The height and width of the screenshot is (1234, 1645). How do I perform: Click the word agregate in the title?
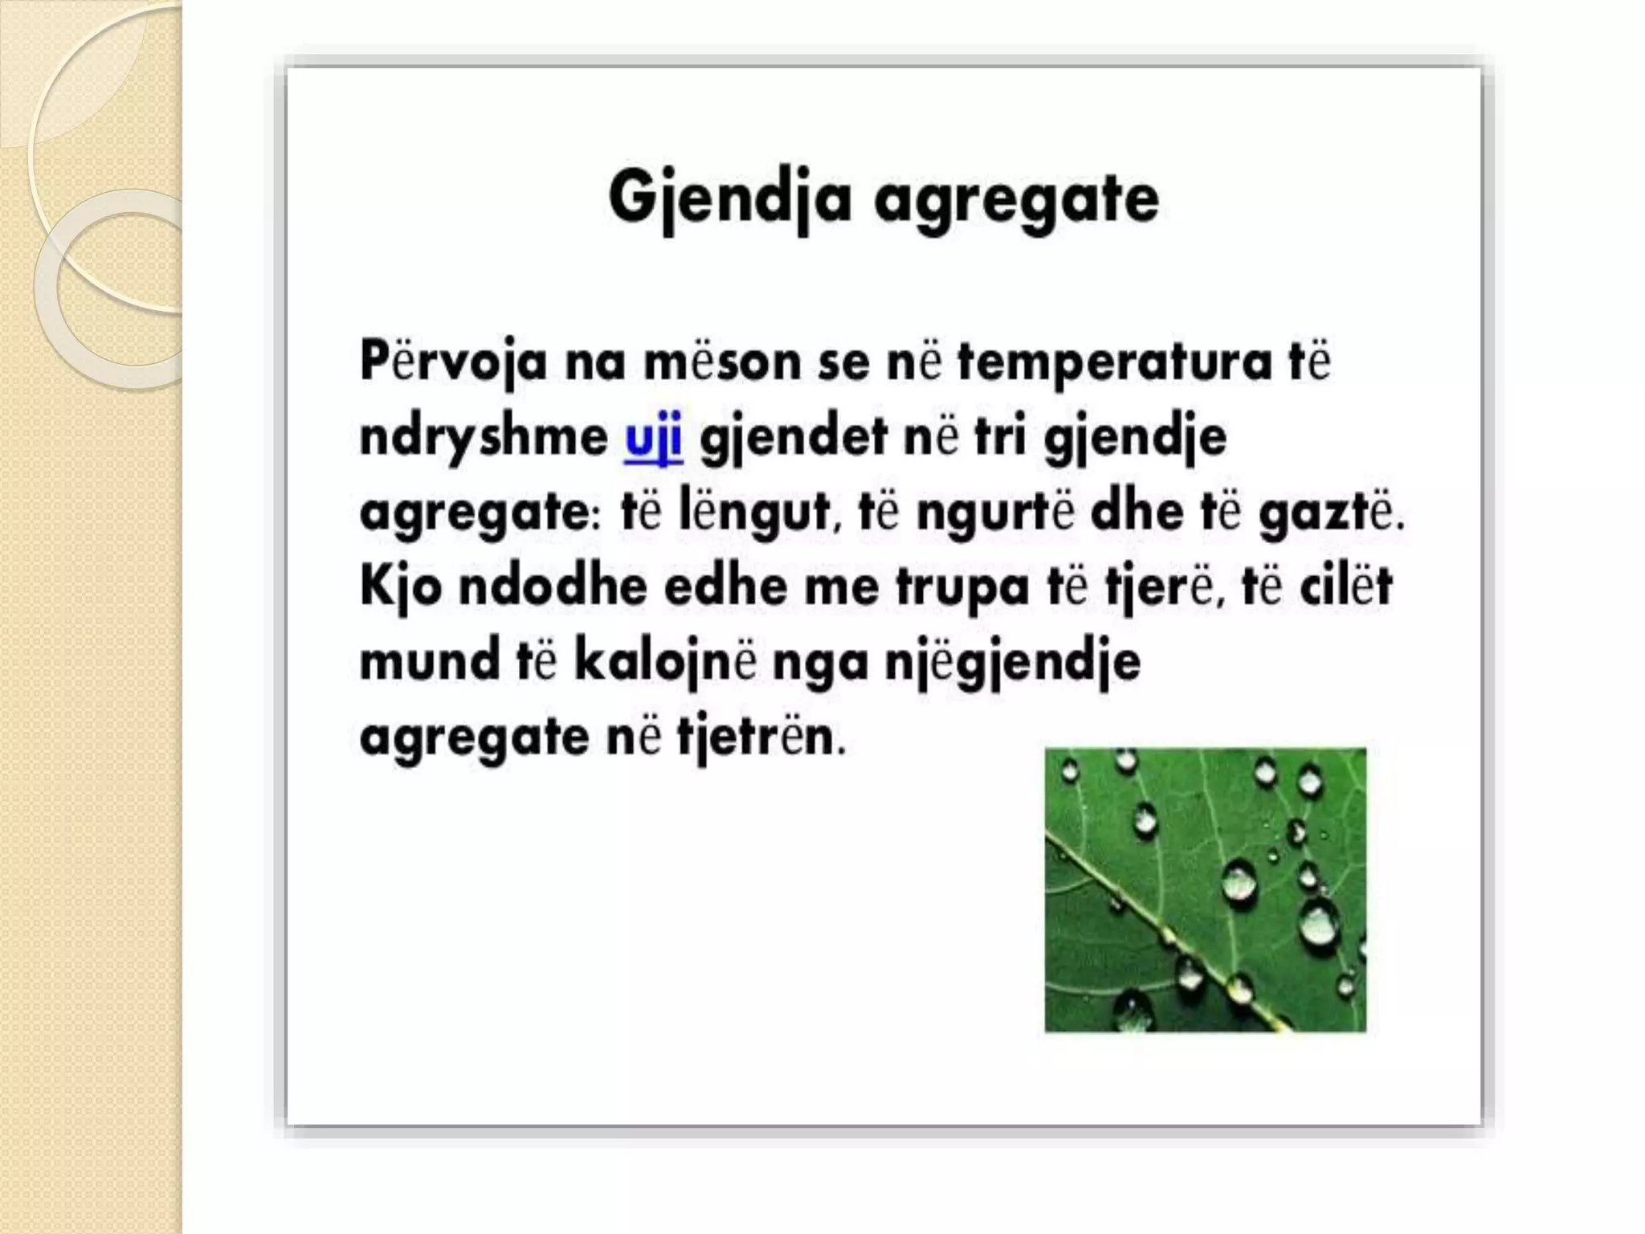(1016, 201)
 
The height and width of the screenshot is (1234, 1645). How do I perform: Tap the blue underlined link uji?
(653, 439)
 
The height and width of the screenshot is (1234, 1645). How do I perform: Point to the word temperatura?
(1115, 363)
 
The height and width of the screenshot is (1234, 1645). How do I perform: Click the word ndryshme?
(484, 439)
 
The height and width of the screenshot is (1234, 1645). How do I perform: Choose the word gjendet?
(794, 439)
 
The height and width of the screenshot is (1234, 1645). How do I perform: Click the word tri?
(999, 437)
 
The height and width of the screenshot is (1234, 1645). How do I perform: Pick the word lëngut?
(753, 513)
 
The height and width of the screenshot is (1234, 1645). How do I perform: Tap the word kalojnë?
(665, 662)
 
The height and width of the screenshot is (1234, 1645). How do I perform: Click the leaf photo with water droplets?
(1205, 889)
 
